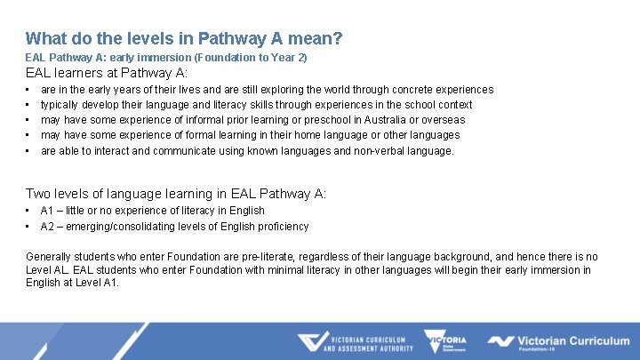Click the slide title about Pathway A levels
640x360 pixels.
pyautogui.click(x=184, y=38)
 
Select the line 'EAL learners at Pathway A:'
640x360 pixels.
pyautogui.click(x=107, y=72)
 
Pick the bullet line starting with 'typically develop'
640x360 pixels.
pyautogui.click(x=256, y=105)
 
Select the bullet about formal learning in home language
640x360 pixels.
pyautogui.click(x=250, y=135)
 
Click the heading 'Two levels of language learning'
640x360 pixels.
pyautogui.click(x=176, y=193)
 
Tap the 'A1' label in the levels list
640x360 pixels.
pyautogui.click(x=47, y=211)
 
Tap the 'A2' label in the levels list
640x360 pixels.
pyautogui.click(x=47, y=227)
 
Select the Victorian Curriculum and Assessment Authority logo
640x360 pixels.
pyautogui.click(x=355, y=343)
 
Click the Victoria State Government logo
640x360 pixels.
pyautogui.click(x=447, y=342)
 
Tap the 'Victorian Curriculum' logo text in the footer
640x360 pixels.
pyautogui.click(x=572, y=340)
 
